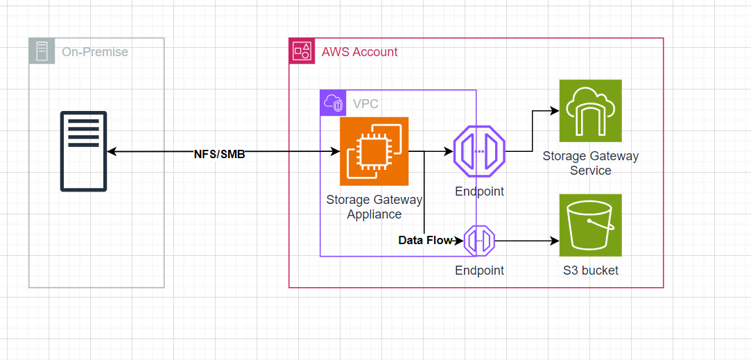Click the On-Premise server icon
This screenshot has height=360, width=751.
[x=83, y=151]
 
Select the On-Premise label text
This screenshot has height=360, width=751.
[x=95, y=52]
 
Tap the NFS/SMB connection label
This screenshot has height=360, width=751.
[x=219, y=154]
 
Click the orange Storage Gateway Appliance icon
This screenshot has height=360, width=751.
[x=374, y=151]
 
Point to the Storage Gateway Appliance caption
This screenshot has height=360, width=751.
[x=374, y=207]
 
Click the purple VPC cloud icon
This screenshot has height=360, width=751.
[x=333, y=103]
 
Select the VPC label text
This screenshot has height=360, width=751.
[x=365, y=104]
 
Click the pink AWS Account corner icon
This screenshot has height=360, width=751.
[x=302, y=51]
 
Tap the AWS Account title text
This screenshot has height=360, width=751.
[x=359, y=52]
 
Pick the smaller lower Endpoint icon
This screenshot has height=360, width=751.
[x=479, y=241]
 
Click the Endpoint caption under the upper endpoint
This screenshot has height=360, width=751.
[x=479, y=191]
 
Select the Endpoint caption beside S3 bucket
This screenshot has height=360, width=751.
[x=479, y=271]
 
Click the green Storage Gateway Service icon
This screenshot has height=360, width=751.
[x=590, y=110]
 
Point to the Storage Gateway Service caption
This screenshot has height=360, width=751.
[x=590, y=164]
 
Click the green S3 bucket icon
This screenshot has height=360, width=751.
[x=590, y=225]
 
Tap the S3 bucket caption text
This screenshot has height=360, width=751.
[x=590, y=271]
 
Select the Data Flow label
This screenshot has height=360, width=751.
[x=424, y=241]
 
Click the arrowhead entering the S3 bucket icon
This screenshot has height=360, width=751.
[x=555, y=241]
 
